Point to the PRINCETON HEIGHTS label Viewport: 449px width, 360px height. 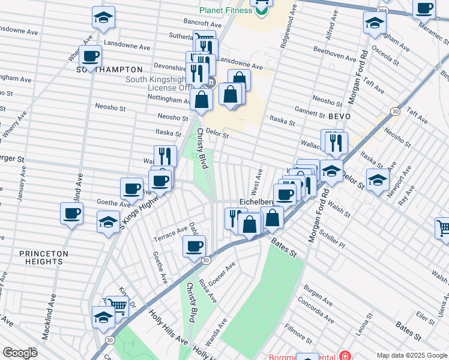44,257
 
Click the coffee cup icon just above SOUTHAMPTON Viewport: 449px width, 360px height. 91,57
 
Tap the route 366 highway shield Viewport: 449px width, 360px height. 382,11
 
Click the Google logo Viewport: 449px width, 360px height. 20,353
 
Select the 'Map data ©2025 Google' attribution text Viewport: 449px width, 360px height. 412,355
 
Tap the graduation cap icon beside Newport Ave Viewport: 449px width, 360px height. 378,179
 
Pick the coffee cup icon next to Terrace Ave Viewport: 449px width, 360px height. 194,246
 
